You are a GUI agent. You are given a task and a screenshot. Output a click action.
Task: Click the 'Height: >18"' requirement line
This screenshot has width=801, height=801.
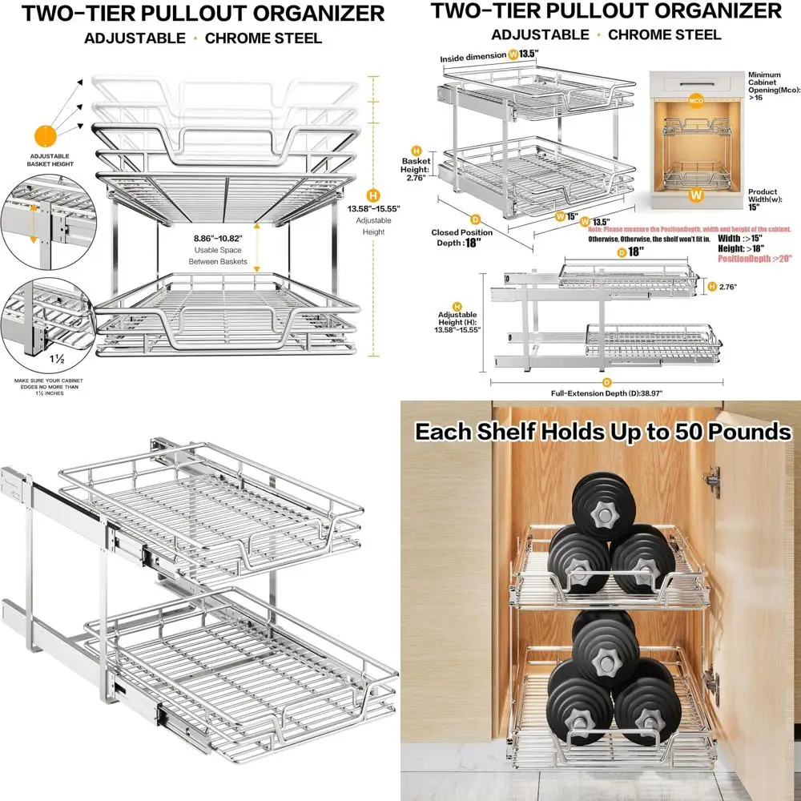(741, 248)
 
